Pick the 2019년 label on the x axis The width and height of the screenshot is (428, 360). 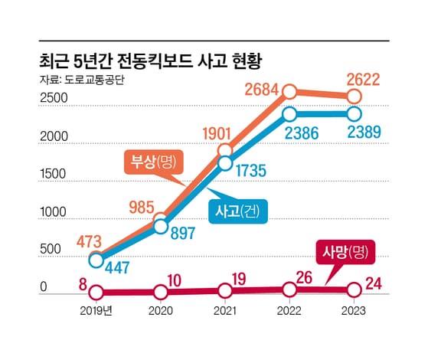(96, 311)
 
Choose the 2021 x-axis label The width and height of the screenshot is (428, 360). (224, 311)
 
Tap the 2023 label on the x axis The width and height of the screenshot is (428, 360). (353, 311)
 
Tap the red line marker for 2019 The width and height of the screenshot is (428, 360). (96, 292)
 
